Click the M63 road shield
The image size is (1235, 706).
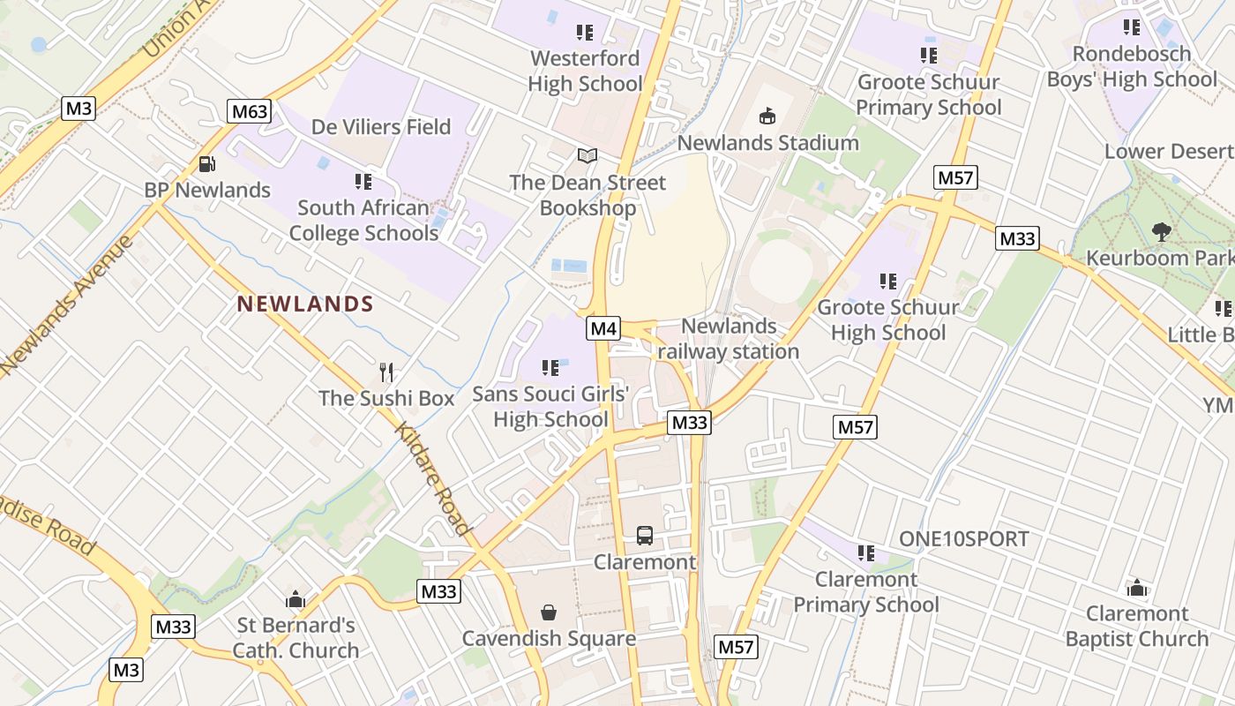point(248,111)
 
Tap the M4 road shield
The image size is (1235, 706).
point(603,329)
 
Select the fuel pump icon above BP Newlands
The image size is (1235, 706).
point(206,163)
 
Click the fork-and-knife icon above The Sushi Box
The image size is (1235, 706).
point(385,372)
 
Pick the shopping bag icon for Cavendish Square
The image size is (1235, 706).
point(549,612)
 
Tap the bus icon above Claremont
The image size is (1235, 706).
point(645,535)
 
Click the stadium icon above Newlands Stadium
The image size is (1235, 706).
point(767,116)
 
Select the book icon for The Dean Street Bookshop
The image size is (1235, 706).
point(587,156)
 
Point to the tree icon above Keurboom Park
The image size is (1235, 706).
point(1161,232)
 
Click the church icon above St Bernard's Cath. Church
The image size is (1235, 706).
point(296,600)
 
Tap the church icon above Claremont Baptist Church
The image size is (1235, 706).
point(1137,588)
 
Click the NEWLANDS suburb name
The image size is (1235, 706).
point(305,304)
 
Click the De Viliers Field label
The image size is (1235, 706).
point(381,127)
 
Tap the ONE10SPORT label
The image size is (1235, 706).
point(964,539)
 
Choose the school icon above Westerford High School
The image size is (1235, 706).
point(585,33)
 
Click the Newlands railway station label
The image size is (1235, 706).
point(729,339)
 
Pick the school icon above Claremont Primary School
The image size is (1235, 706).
point(866,553)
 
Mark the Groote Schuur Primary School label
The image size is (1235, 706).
point(929,94)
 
